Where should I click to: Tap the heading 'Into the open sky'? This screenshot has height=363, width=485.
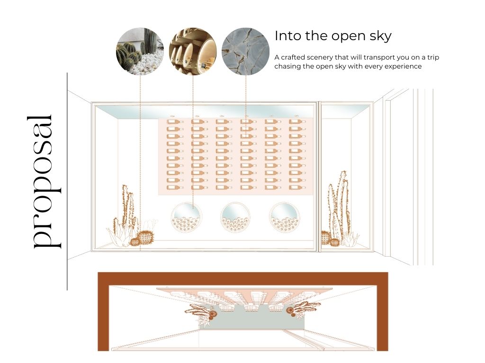point(333,36)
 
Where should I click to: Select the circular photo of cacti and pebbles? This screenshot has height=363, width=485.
point(140,51)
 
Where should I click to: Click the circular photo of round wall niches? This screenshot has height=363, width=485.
point(193,51)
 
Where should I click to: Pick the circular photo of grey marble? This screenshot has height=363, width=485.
point(246,51)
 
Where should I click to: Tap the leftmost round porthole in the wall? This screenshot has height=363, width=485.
point(186,217)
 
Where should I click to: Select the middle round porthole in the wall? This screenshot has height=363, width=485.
point(235,217)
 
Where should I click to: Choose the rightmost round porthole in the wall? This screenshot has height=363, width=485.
point(284,217)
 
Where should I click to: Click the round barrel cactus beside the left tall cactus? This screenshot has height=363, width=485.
point(145,237)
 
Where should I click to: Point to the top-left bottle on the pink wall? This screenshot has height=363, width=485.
point(175,121)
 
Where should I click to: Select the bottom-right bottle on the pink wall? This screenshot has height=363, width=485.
point(297,187)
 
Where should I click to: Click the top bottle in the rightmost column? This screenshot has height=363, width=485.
point(297,121)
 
